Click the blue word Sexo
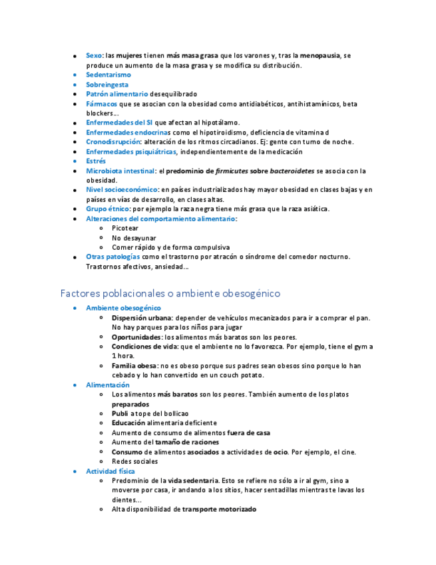click(94, 55)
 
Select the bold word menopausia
click(320, 55)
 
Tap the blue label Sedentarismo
click(109, 75)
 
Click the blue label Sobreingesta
click(107, 85)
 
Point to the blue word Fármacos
click(101, 104)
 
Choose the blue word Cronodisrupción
click(113, 142)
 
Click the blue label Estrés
click(96, 161)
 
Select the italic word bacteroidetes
click(288, 171)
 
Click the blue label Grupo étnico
click(108, 209)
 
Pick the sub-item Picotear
click(125, 228)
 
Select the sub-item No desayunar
click(134, 238)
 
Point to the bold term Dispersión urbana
click(142, 318)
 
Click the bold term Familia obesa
click(134, 366)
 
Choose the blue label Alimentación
click(108, 385)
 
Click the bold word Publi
click(120, 414)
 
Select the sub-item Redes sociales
click(134, 461)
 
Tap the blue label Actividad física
click(110, 471)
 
